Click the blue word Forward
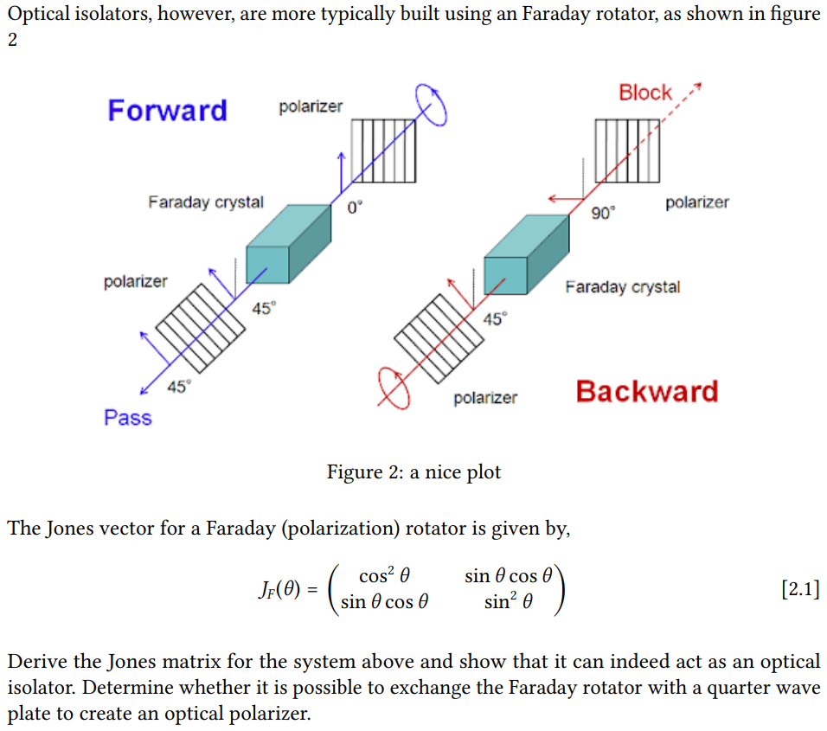[x=167, y=111]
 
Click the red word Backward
[x=647, y=392]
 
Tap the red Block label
[x=645, y=93]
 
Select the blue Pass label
[x=128, y=418]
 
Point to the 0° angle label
[x=355, y=208]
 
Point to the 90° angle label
[x=603, y=213]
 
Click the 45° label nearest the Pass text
[x=179, y=387]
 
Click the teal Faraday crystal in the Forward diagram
[x=289, y=244]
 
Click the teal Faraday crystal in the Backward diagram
[x=526, y=254]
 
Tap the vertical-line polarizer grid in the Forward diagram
[x=383, y=151]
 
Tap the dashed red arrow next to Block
[x=681, y=102]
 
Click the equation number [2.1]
[x=801, y=588]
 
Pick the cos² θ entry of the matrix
[x=384, y=575]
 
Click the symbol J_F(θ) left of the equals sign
[x=279, y=589]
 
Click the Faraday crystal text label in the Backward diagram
[x=623, y=287]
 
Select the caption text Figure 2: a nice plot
[x=413, y=472]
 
